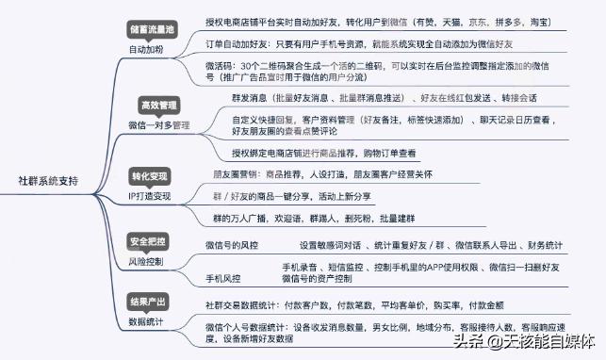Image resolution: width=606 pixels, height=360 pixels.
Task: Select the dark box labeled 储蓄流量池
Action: point(151,28)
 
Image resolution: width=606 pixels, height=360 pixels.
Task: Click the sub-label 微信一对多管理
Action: point(158,123)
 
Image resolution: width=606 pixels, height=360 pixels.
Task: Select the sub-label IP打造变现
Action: point(150,196)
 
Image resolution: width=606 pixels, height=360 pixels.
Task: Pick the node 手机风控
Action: point(222,279)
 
